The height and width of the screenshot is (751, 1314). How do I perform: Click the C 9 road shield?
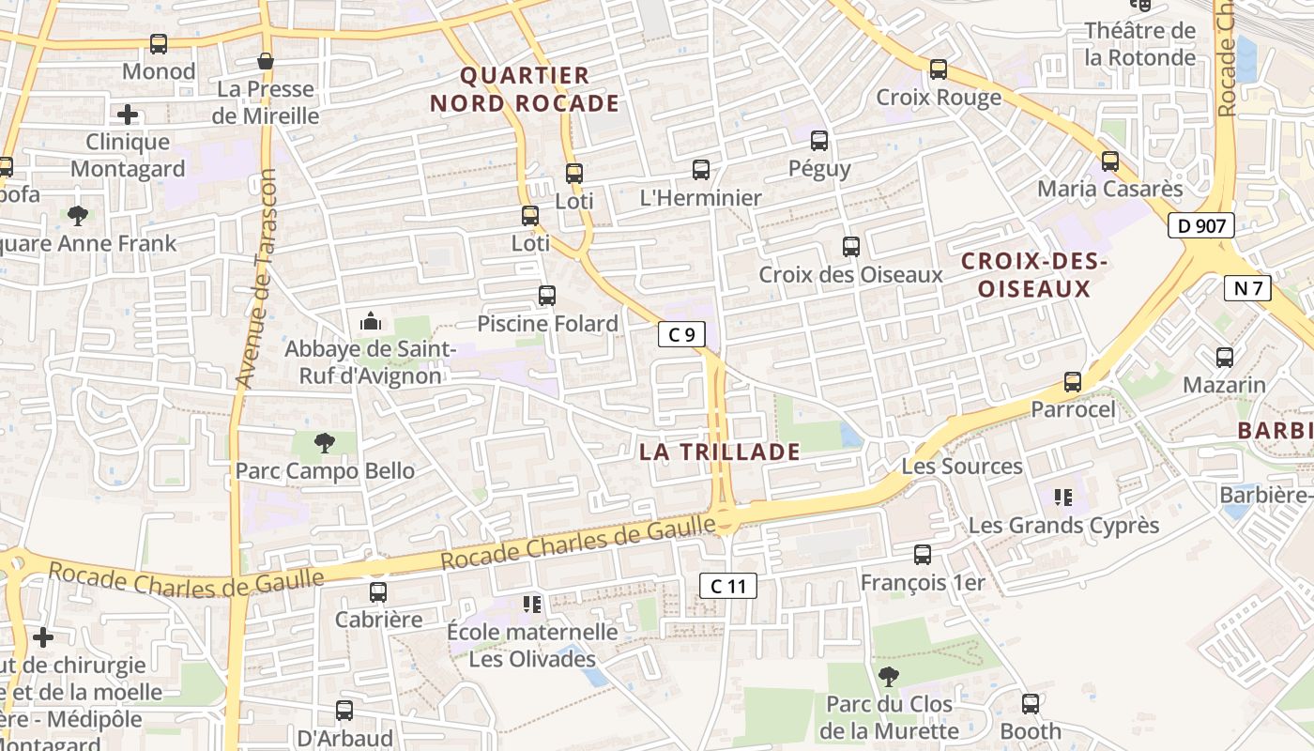pos(681,333)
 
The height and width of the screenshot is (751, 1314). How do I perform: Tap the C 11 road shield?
pos(727,587)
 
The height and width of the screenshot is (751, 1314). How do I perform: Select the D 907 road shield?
pos(1200,225)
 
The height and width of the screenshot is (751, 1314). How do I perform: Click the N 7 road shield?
pos(1247,288)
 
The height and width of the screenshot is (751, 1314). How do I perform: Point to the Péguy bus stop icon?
pos(819,141)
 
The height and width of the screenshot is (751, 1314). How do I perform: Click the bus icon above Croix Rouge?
pos(938,69)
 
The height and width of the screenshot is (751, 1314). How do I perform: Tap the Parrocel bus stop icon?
pos(1073,382)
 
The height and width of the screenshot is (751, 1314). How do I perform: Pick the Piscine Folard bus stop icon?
pos(547,296)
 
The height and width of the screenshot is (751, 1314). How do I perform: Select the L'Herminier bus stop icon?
pos(700,170)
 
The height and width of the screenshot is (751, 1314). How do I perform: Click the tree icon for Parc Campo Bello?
pos(324,442)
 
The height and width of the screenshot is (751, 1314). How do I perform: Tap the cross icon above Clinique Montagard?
pos(128,115)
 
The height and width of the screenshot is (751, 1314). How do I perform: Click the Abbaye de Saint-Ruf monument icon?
pos(371,322)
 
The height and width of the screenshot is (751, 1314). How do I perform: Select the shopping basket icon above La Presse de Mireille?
pos(266,61)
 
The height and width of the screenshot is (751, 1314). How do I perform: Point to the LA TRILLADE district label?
pos(720,452)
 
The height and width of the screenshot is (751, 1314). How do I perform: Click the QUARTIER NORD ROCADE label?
pos(525,89)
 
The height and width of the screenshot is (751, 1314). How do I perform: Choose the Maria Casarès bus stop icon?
pos(1110,161)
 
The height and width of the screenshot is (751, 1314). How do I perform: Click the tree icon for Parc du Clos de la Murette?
pos(888,676)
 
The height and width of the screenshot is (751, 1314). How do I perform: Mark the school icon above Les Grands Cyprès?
pos(1063,497)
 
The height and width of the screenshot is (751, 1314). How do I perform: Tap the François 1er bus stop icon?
pos(923,555)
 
